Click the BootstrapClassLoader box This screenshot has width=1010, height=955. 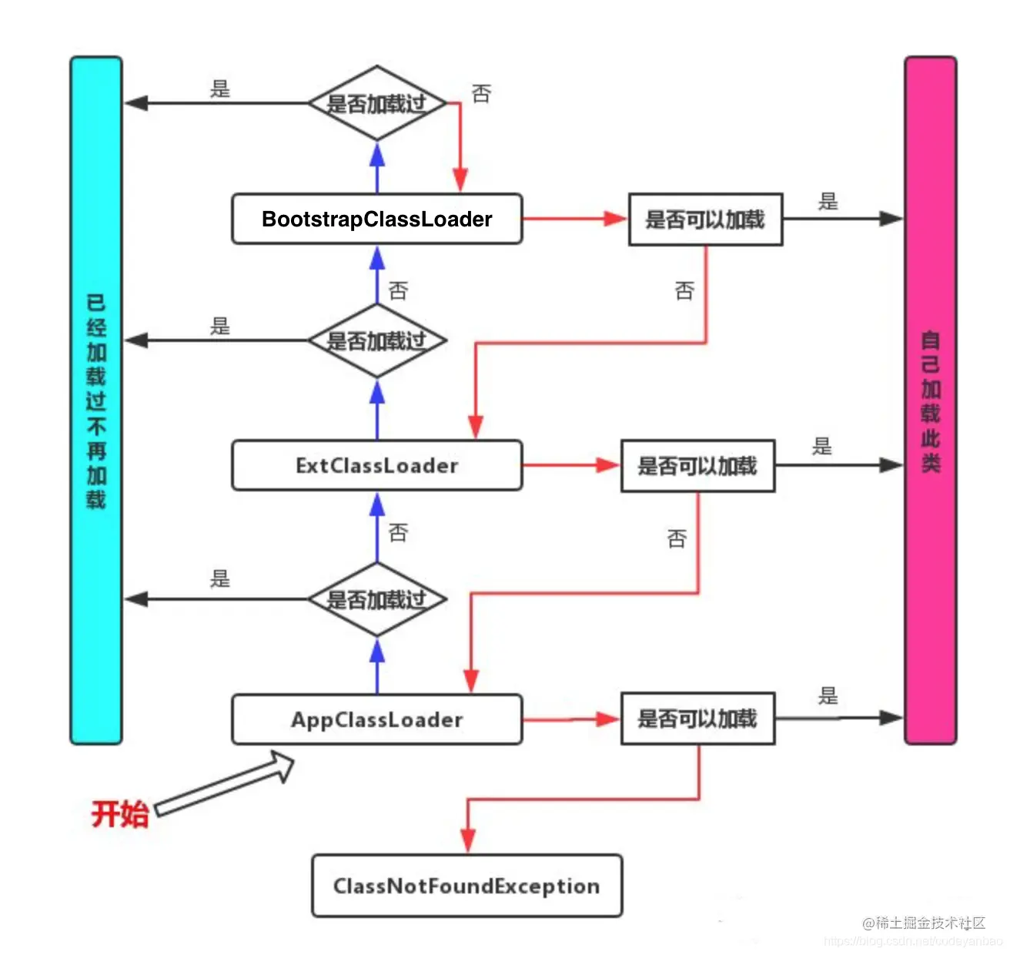376,219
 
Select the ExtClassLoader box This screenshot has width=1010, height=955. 376,466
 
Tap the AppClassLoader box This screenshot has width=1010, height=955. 376,719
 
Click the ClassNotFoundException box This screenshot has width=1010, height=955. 467,886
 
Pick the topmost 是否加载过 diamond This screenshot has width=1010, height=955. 376,103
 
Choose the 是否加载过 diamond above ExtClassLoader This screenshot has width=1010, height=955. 376,340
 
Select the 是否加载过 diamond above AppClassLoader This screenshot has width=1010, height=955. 376,599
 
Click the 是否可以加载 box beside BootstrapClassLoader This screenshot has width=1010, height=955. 705,219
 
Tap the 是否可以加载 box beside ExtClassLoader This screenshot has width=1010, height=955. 697,466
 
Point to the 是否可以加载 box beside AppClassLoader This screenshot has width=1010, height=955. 697,719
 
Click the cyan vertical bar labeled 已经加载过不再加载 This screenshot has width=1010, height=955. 96,400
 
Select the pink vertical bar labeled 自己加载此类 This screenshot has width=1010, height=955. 930,400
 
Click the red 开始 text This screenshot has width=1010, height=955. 119,814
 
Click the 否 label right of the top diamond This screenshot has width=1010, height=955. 481,94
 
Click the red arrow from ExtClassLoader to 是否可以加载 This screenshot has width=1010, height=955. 570,465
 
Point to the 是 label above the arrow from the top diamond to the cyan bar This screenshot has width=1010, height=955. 220,89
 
